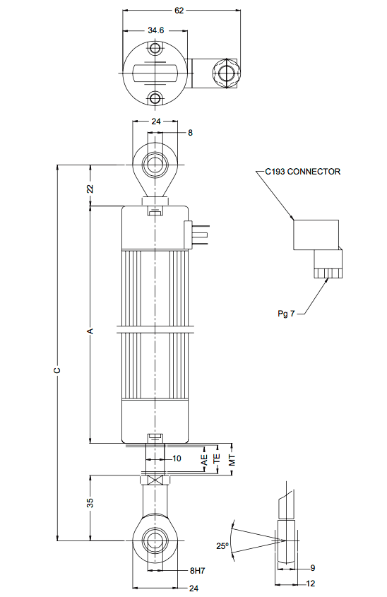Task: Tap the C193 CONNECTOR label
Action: [303, 172]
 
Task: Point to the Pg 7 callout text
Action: [287, 312]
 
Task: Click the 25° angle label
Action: [223, 545]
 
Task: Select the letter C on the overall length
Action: [57, 370]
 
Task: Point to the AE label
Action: [204, 459]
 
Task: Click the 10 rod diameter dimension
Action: [177, 459]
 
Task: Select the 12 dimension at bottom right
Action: [311, 584]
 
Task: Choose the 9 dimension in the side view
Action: [312, 568]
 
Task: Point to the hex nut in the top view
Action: [225, 72]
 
